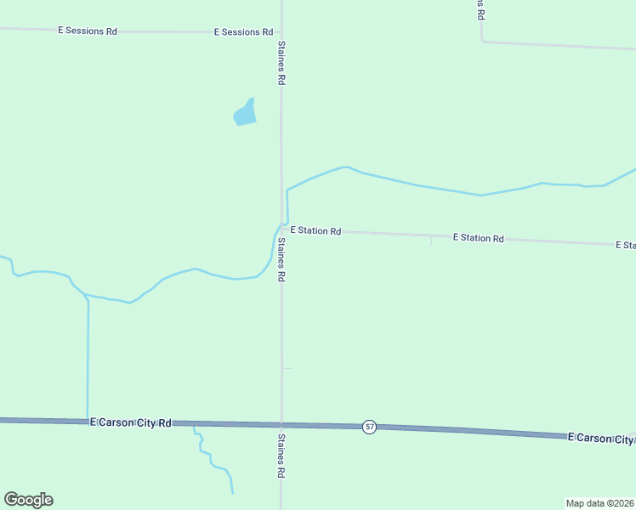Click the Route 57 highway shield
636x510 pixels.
[369, 427]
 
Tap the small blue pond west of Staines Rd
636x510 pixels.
[245, 113]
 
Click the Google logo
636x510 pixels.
[28, 500]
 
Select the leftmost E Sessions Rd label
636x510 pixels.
[87, 31]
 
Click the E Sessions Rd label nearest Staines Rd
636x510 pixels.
[243, 32]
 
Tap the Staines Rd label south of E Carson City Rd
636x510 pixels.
[281, 456]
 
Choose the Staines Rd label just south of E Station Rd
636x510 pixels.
[281, 259]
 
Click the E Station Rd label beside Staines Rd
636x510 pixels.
[315, 230]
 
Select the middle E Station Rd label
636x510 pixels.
[478, 238]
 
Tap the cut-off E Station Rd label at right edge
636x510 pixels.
[625, 245]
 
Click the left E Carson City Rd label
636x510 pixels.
[131, 422]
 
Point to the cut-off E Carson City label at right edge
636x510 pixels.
[600, 438]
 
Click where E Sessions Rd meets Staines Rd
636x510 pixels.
[281, 33]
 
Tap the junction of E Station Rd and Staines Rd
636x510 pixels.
[282, 229]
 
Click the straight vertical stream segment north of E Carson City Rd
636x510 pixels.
[88, 357]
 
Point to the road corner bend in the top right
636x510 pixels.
[482, 40]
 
